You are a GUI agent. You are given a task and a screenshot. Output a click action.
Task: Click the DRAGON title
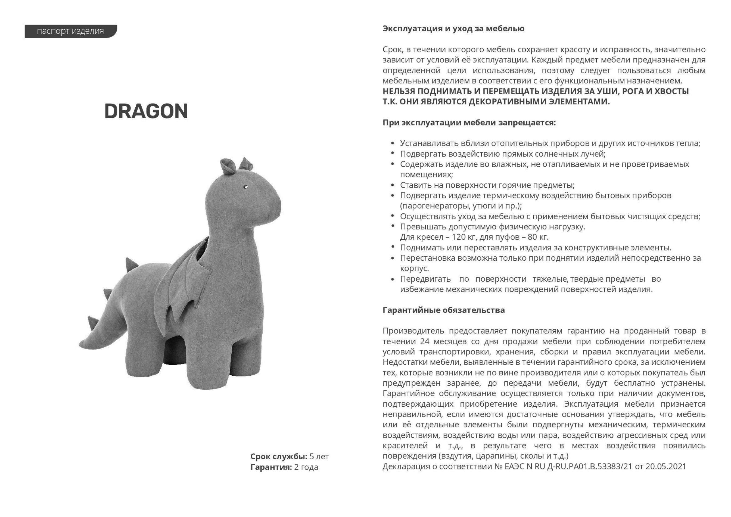[146, 111]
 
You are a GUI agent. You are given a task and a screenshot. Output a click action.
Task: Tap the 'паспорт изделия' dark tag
[70, 31]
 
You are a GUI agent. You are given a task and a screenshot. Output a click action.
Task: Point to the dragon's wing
[185, 283]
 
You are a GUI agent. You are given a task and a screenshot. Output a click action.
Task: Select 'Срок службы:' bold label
[279, 456]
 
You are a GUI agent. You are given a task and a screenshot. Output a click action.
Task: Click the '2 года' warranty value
[306, 467]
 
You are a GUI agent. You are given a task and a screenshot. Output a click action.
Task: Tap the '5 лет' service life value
[319, 456]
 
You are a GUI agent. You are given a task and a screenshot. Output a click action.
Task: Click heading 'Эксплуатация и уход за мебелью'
[453, 29]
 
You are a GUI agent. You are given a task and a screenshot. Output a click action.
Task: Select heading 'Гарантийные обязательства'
[443, 310]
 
